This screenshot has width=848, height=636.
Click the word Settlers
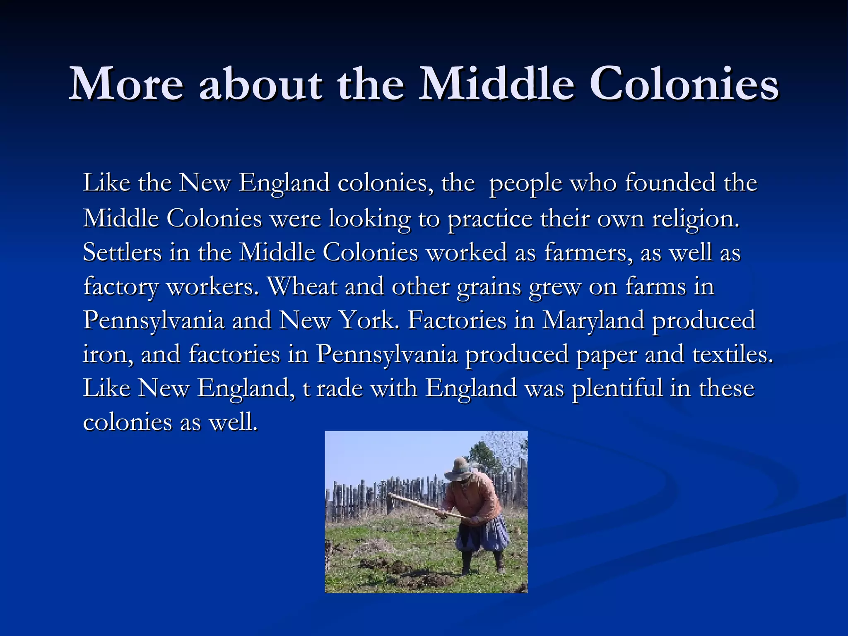(x=122, y=252)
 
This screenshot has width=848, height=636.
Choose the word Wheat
(x=302, y=286)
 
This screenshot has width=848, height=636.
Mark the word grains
(x=489, y=287)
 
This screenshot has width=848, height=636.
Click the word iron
(x=108, y=355)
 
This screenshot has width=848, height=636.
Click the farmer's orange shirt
(x=476, y=497)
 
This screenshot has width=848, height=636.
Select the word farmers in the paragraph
(x=588, y=253)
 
